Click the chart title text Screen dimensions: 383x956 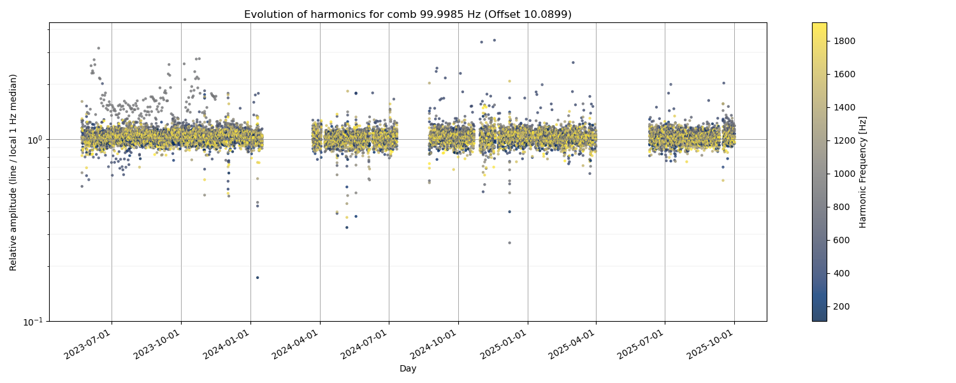408,14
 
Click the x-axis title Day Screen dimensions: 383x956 408,369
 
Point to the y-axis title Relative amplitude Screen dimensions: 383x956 13,172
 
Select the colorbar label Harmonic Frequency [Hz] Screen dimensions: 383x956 863,172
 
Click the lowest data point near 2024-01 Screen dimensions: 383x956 257,278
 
